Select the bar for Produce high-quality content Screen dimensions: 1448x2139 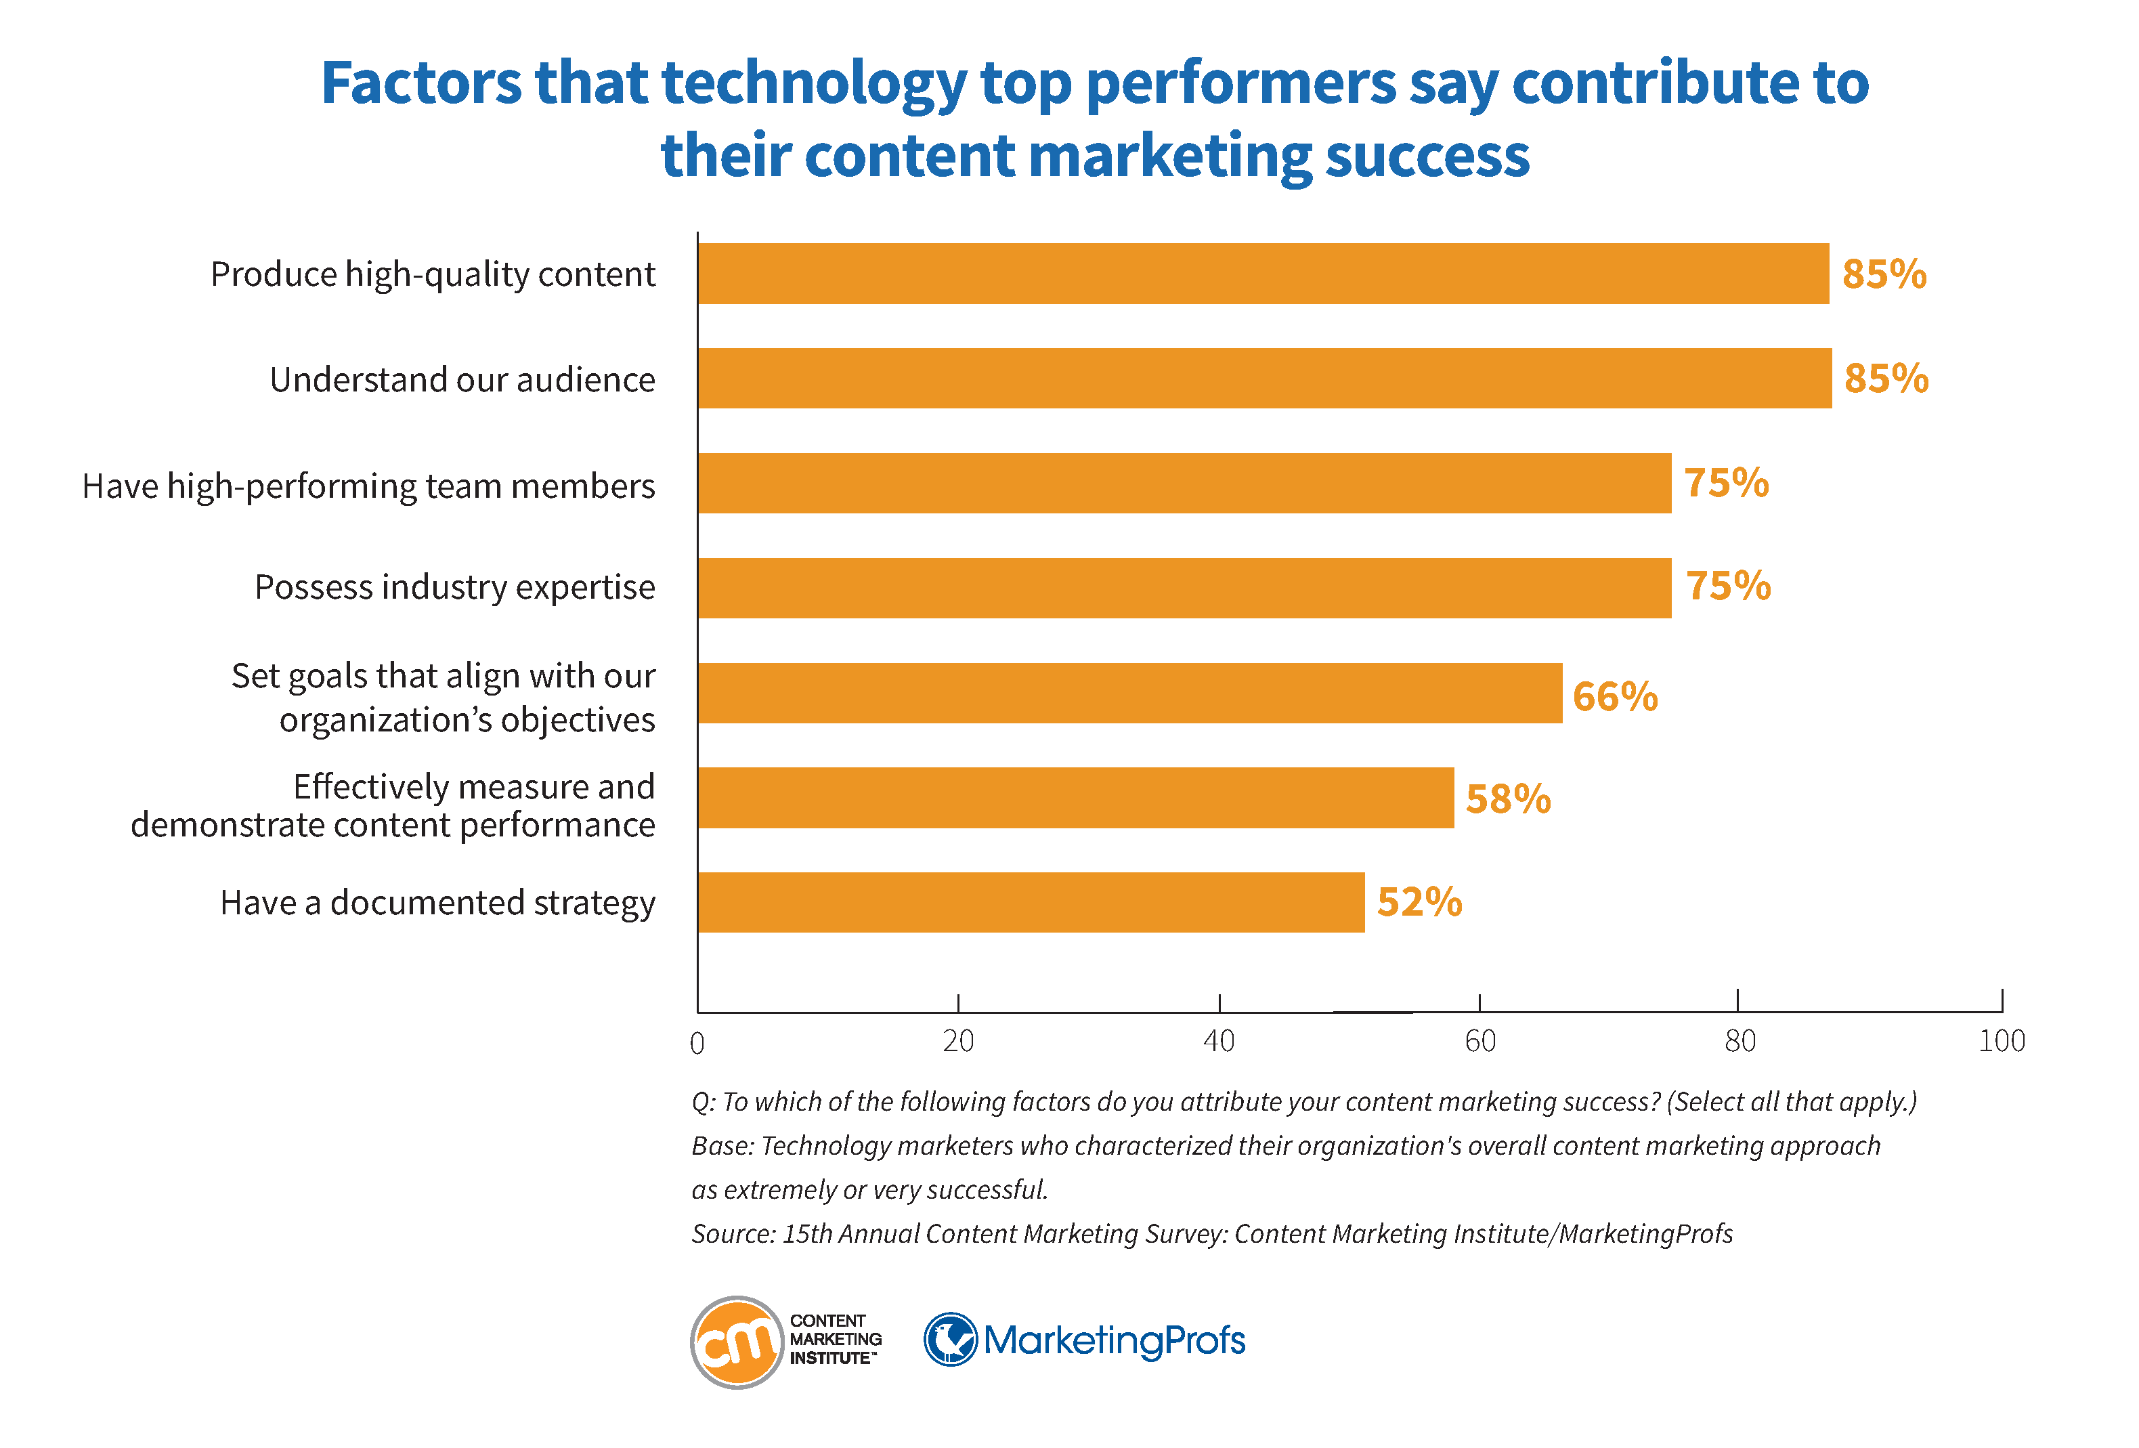[x=1263, y=274]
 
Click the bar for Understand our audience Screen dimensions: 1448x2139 [x=1263, y=379]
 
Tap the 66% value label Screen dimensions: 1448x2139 [x=1614, y=696]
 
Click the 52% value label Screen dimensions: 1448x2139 [x=1419, y=902]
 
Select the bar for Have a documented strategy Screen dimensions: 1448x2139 [x=1031, y=902]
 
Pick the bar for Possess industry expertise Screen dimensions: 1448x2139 [x=1184, y=587]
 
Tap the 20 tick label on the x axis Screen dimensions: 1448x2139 [x=958, y=1041]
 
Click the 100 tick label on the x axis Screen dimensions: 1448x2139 [x=2001, y=1041]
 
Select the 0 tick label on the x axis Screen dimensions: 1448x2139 [x=697, y=1043]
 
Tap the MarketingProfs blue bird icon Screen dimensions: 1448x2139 [x=950, y=1340]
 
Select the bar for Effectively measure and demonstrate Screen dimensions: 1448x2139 [x=1075, y=797]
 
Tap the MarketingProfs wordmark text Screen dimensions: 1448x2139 [x=1114, y=1340]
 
